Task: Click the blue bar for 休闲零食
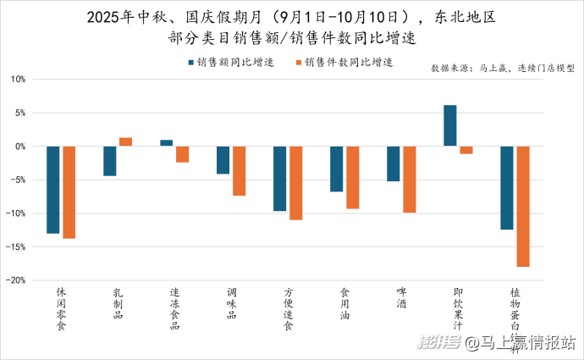coord(53,190)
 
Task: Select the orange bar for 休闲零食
coord(69,192)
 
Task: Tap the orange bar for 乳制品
coord(126,141)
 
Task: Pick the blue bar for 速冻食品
coord(167,143)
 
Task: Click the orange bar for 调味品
coord(240,171)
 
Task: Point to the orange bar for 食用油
coord(353,177)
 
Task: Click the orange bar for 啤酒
coord(410,180)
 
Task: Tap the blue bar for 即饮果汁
coord(450,125)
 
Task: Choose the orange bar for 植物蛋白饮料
coord(523,207)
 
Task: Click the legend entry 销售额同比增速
coord(234,62)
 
